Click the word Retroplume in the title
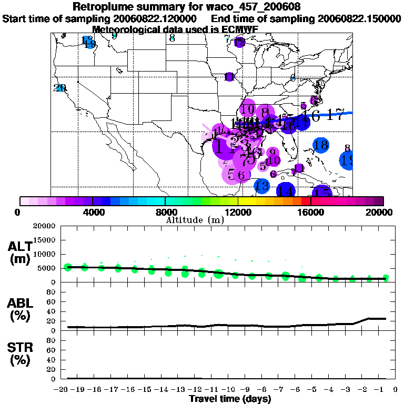[104, 7]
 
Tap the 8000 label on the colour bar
[165, 212]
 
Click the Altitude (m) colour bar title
[195, 219]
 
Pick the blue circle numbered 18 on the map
[320, 145]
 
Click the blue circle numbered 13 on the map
[262, 185]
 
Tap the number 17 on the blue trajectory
[335, 116]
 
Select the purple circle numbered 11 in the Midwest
[229, 77]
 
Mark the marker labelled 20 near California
[60, 88]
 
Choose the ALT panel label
[19, 252]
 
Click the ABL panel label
[19, 310]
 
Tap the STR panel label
[19, 353]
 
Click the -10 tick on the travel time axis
[229, 390]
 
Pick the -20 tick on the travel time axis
[63, 390]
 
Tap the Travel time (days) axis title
[230, 399]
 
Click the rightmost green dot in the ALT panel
[386, 278]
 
